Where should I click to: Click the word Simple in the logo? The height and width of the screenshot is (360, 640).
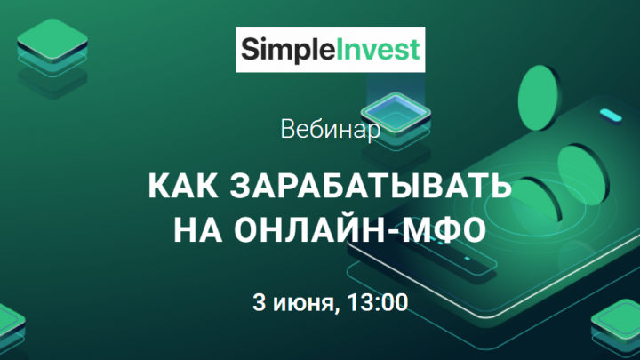[287, 50]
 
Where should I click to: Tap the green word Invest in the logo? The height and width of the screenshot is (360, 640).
[378, 50]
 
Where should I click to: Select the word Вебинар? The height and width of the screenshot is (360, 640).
[331, 130]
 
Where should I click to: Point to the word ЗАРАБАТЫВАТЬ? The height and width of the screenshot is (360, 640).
[371, 186]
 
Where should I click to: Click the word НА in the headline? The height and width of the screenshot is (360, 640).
[198, 230]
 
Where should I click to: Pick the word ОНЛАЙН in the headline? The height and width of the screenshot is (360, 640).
[309, 230]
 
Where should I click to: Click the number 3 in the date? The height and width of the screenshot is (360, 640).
[259, 302]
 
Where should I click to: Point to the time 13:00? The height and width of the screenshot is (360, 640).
[378, 302]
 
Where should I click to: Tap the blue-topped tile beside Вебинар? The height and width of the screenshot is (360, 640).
[396, 112]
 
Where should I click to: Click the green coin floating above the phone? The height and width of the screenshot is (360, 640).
[540, 98]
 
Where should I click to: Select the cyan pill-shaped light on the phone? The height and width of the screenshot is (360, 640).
[611, 116]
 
